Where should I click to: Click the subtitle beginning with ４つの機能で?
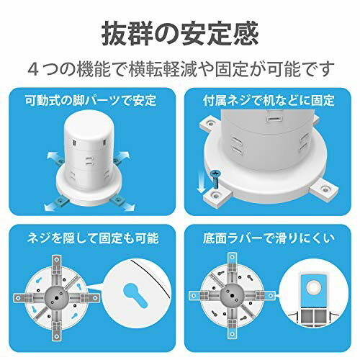click(x=180, y=70)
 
